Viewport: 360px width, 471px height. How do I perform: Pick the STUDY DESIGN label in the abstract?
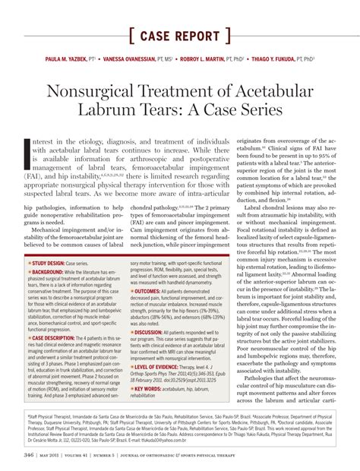point(49,262)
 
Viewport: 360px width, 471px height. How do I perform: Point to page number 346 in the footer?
point(29,455)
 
